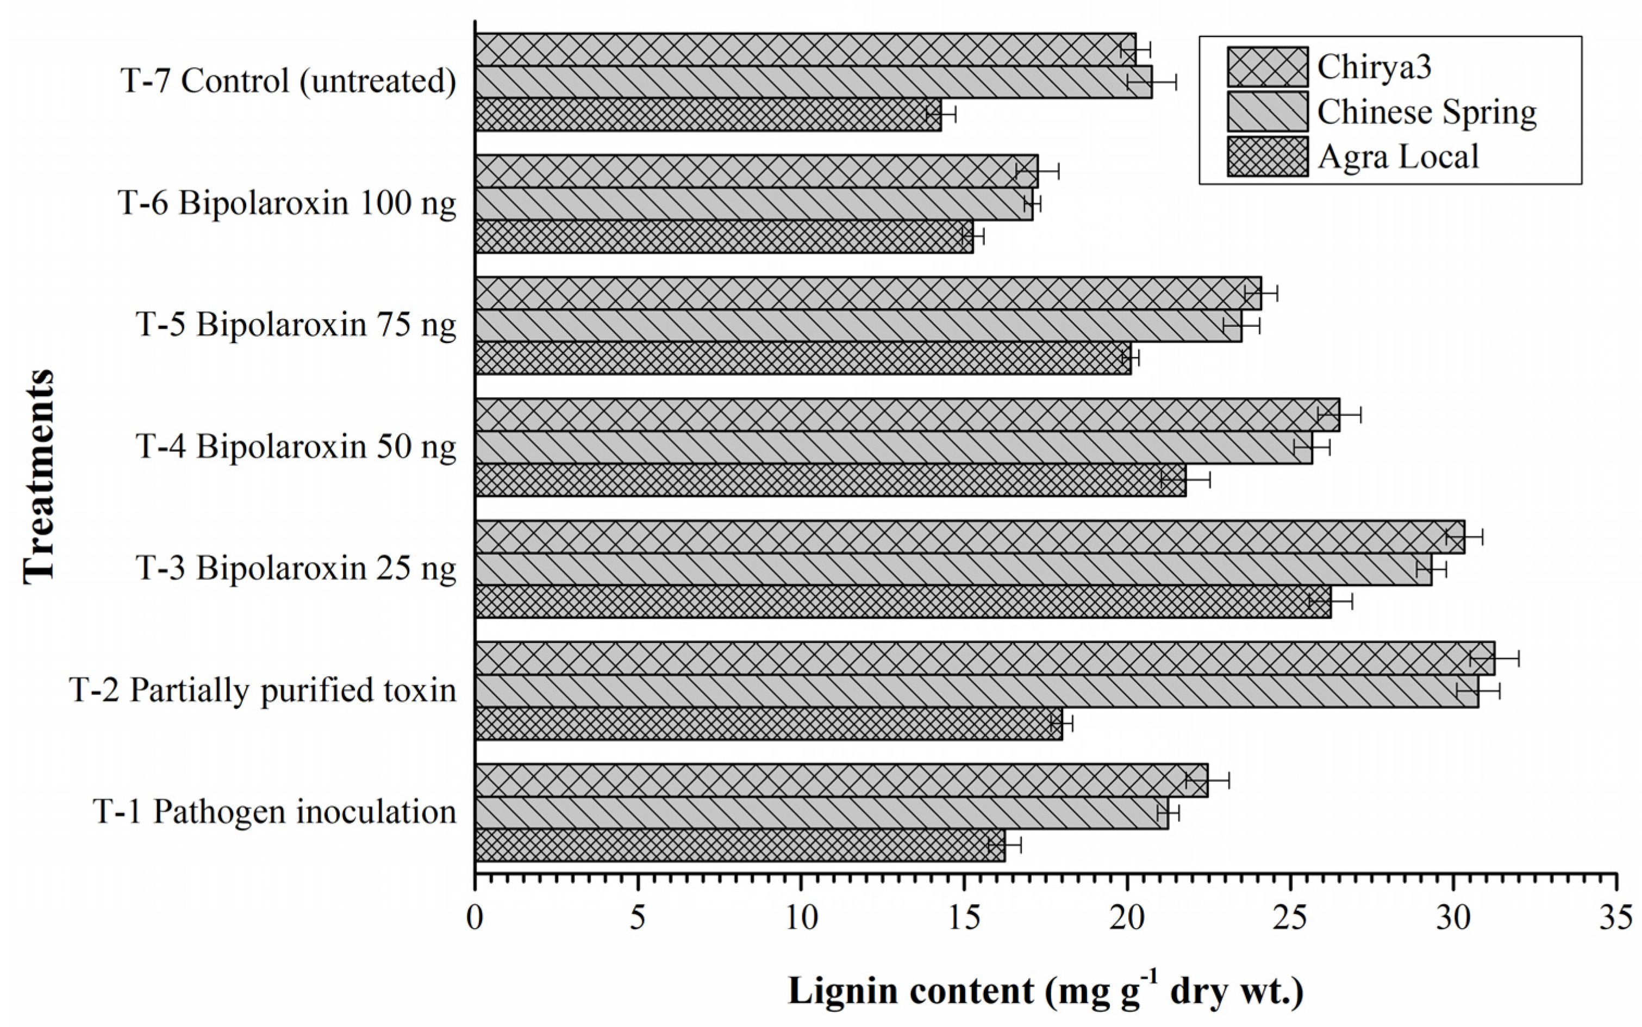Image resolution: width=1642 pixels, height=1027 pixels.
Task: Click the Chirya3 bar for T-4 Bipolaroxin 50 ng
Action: pos(907,415)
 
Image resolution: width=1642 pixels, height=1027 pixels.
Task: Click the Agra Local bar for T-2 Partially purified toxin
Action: pos(767,724)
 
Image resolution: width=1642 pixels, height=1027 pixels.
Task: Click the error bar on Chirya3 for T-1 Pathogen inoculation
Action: pos(1207,780)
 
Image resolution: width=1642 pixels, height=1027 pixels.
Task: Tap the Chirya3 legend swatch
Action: pos(1267,66)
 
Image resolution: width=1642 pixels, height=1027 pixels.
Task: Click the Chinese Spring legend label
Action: pos(1427,112)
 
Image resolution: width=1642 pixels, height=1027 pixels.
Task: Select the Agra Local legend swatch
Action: pos(1267,156)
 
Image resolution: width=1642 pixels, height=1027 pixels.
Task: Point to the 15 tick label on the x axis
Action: pos(964,918)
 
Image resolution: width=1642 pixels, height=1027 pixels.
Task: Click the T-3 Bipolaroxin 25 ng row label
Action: pos(296,569)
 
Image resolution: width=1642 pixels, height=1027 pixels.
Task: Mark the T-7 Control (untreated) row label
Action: pos(289,82)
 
